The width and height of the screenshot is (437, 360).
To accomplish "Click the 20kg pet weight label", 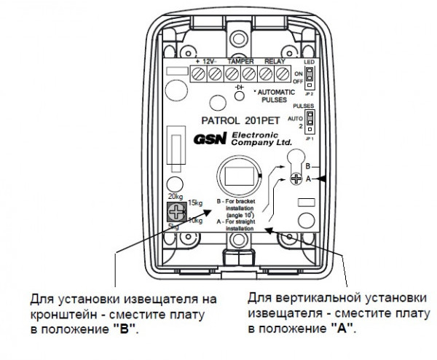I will click(x=174, y=197).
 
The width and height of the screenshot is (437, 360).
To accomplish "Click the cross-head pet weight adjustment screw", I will click(x=175, y=213).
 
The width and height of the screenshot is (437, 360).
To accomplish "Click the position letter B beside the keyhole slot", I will click(x=308, y=166).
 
